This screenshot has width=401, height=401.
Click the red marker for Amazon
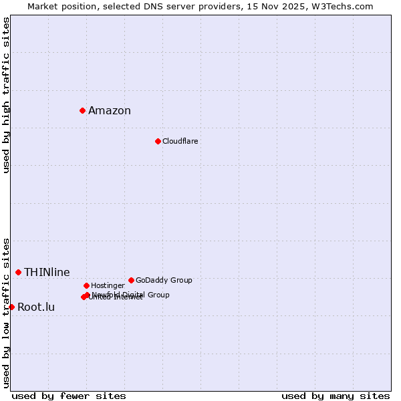click(x=82, y=110)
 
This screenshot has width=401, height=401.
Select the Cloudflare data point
click(x=158, y=141)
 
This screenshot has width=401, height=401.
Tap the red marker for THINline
click(x=18, y=272)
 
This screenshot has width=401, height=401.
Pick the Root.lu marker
click(x=11, y=307)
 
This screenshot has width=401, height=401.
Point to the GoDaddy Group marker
click(x=131, y=280)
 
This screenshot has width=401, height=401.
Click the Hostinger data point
click(x=86, y=285)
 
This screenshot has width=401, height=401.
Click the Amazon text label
click(x=110, y=111)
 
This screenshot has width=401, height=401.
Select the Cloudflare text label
click(x=180, y=141)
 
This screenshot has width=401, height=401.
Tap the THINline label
click(x=47, y=272)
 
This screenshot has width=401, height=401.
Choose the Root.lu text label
click(x=36, y=307)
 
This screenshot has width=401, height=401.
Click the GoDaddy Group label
click(x=164, y=280)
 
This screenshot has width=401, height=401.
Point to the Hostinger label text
click(x=108, y=285)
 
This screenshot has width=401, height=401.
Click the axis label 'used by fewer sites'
click(x=69, y=396)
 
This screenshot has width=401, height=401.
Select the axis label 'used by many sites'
click(x=336, y=396)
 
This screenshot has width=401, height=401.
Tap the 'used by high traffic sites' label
click(x=7, y=95)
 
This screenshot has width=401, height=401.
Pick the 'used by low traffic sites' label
click(x=7, y=312)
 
